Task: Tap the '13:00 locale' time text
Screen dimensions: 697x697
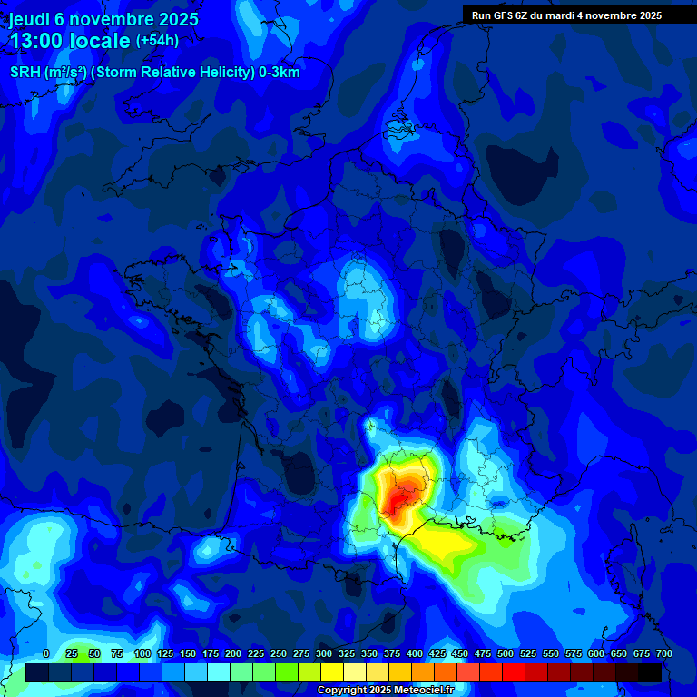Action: coord(70,41)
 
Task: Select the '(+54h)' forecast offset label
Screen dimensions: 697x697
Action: coord(157,41)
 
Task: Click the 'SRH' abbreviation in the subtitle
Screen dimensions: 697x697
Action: coord(25,72)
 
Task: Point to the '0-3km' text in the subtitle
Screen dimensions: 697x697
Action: coord(278,72)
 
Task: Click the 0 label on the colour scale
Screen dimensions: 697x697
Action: coord(46,653)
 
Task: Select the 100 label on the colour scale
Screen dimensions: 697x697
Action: coord(142,653)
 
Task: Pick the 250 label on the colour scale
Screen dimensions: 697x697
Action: coord(279,653)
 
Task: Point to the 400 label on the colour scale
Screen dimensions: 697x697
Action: coord(415,653)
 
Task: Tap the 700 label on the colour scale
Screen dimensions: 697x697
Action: coord(664,653)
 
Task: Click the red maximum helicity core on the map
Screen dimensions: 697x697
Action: coord(398,501)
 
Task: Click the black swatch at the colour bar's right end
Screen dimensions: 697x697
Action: coord(650,672)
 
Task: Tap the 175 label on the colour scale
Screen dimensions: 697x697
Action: coord(211,653)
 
